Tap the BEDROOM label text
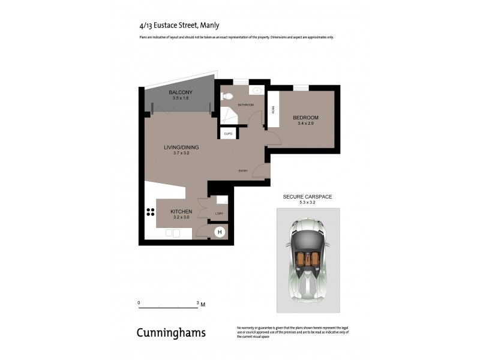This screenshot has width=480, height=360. (305, 117)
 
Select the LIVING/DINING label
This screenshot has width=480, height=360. (181, 147)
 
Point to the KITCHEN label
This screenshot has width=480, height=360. (181, 211)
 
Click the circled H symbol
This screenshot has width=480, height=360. (220, 232)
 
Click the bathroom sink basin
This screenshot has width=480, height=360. (257, 91)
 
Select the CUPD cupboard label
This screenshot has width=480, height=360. (228, 134)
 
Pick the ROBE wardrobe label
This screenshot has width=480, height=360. (274, 110)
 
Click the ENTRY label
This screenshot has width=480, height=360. (243, 171)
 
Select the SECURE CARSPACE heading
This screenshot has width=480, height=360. (307, 197)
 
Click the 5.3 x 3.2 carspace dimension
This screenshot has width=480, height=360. (307, 203)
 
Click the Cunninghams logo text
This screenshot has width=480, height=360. (171, 332)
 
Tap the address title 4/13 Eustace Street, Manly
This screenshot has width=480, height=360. (179, 25)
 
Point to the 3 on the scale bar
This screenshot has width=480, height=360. (197, 303)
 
